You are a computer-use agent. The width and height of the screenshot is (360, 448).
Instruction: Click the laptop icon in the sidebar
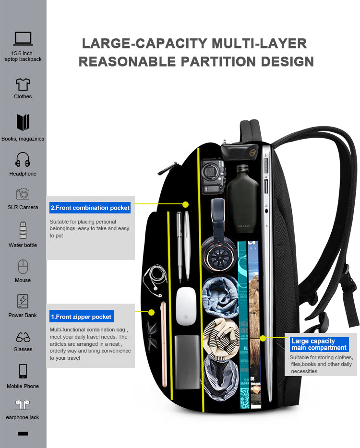23,39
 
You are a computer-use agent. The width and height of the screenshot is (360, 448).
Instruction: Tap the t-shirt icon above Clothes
23,84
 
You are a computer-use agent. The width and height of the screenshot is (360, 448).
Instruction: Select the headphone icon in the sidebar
23,160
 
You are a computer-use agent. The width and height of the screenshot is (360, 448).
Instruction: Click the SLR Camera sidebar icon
23,194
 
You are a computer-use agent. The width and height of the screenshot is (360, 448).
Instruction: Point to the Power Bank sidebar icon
23,301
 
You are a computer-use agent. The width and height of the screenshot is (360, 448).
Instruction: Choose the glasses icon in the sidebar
23,337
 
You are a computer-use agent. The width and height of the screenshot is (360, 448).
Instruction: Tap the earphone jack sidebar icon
23,405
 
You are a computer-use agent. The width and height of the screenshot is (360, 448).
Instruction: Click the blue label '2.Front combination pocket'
90,208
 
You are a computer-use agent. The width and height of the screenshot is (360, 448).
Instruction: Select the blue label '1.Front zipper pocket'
81,317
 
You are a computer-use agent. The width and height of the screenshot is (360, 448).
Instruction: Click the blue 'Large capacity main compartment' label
319,344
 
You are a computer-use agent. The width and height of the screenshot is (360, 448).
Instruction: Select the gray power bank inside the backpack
187,362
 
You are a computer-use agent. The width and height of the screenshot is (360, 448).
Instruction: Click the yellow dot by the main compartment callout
263,338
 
